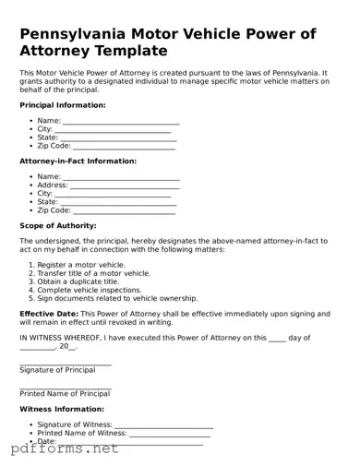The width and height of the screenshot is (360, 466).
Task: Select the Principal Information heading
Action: (x=62, y=105)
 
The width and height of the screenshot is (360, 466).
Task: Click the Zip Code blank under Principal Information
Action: (x=124, y=147)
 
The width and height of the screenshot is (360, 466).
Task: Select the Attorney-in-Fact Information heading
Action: (x=78, y=161)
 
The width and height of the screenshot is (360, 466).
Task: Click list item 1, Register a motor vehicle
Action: (x=81, y=265)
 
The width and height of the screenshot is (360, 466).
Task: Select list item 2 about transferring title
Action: (x=93, y=273)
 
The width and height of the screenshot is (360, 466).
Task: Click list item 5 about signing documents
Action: (x=117, y=298)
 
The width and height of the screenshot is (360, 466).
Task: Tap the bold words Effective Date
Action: (x=49, y=314)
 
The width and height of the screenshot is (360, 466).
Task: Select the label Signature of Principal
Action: (x=57, y=370)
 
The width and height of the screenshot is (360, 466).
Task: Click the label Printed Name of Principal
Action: (x=65, y=394)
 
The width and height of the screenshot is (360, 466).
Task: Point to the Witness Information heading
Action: (x=62, y=408)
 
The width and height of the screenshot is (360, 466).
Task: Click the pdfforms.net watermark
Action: (x=65, y=450)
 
